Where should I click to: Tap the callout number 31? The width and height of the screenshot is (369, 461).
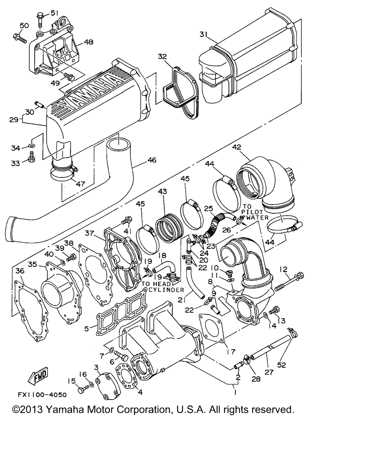(204, 35)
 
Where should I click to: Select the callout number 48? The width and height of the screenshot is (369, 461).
(88, 42)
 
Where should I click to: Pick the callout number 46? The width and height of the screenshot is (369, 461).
(152, 160)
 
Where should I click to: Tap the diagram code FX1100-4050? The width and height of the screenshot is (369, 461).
(42, 395)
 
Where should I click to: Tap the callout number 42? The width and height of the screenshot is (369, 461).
(236, 147)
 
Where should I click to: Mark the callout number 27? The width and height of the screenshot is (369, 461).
(269, 373)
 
